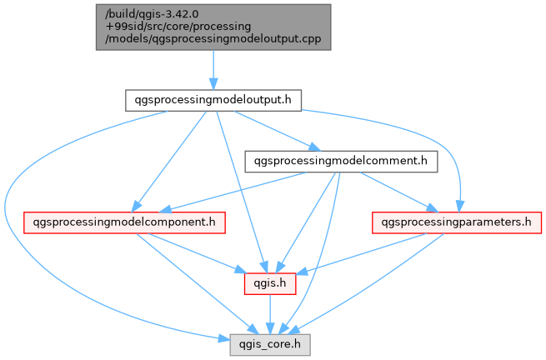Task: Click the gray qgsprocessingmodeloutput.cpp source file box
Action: tap(213, 27)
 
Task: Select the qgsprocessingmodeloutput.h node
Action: tap(213, 100)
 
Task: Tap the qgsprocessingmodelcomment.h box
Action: tap(340, 161)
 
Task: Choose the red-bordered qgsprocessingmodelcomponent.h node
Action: tap(123, 222)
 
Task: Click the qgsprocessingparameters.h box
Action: tap(456, 222)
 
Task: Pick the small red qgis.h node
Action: tap(268, 283)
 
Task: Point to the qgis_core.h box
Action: tap(268, 343)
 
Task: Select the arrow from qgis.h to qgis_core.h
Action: tap(268, 313)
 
